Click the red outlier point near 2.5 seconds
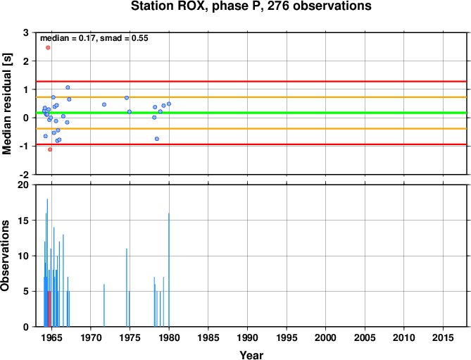pyautogui.click(x=48, y=47)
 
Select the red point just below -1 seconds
pyautogui.click(x=50, y=149)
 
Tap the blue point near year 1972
pyautogui.click(x=104, y=104)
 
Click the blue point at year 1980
pyautogui.click(x=169, y=104)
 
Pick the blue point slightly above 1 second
pyautogui.click(x=68, y=87)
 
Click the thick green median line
pyautogui.click(x=251, y=113)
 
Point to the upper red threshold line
pyautogui.click(x=251, y=82)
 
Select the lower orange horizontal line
pyautogui.click(x=251, y=129)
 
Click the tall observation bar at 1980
pyautogui.click(x=169, y=270)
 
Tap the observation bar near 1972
pyautogui.click(x=104, y=305)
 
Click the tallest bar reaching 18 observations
pyautogui.click(x=47, y=263)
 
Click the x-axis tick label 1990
pyautogui.click(x=247, y=337)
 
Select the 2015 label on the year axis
pyautogui.click(x=443, y=337)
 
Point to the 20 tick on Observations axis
pyautogui.click(x=23, y=185)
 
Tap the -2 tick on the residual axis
pyautogui.click(x=23, y=175)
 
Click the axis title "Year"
pyautogui.click(x=251, y=355)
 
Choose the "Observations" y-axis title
pyautogui.click(x=5, y=256)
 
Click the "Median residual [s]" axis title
pyautogui.click(x=6, y=104)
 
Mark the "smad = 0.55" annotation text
pyautogui.click(x=124, y=38)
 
